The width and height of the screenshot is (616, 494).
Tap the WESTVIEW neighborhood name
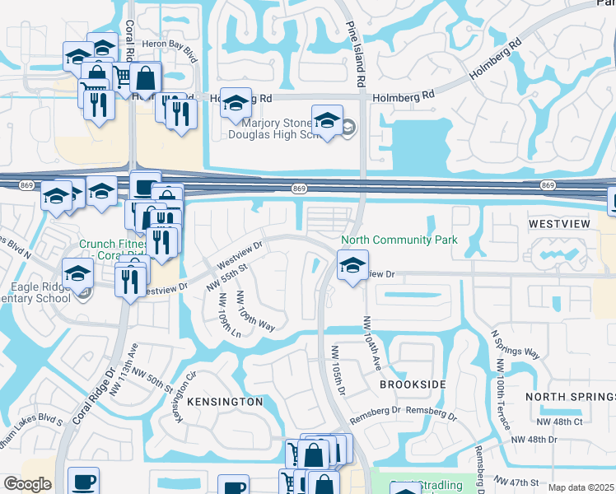[x=556, y=223]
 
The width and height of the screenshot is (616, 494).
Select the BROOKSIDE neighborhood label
[x=413, y=384]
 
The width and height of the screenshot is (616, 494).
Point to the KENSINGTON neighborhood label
[x=225, y=402]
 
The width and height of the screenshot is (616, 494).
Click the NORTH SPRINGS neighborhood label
[x=569, y=397]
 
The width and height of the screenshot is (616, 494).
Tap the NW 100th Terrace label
[x=504, y=404]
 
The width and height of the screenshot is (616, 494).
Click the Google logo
[x=27, y=484]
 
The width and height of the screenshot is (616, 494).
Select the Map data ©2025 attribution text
[x=581, y=487]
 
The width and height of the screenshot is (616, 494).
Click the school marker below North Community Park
[x=352, y=266]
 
